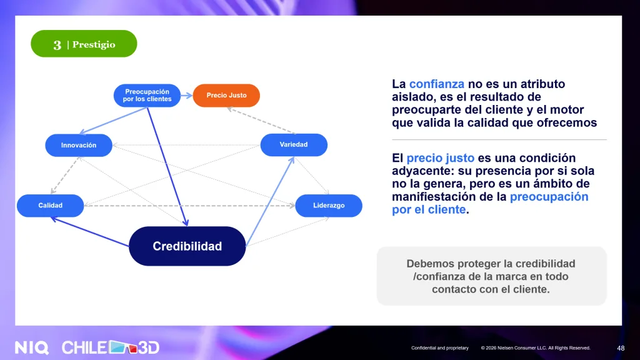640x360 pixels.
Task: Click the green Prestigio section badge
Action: coord(84,44)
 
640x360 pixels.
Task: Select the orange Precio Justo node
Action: coord(226,96)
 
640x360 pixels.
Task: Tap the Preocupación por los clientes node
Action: coord(147,96)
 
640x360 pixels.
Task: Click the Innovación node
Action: coord(79,145)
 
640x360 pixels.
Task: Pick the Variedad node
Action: coord(294,145)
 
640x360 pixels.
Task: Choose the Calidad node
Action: coord(50,206)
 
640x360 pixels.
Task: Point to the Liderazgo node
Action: coord(329,206)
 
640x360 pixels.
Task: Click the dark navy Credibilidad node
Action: coord(187,246)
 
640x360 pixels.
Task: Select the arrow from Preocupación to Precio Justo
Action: coord(186,96)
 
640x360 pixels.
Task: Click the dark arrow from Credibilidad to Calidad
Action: coord(90,232)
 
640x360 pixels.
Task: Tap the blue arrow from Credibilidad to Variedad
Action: coord(270,201)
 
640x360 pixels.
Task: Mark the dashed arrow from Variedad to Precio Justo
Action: coord(261,121)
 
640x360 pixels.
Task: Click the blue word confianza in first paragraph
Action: coord(437,84)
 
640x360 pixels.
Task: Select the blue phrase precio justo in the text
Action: coord(441,158)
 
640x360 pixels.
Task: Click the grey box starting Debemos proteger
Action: coord(491,276)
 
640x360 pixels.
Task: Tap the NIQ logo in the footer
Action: coord(32,347)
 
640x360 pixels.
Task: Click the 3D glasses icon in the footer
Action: coord(123,347)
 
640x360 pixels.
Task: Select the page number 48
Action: coord(621,348)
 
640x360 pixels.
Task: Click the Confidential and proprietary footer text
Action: coord(440,348)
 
